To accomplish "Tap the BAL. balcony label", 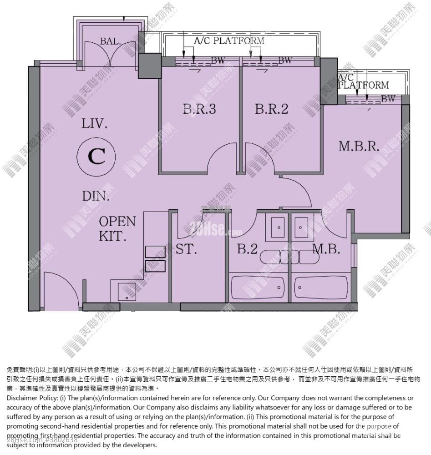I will click(111, 41).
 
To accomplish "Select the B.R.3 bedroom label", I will click(197, 109).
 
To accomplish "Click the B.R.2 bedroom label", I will click(272, 109).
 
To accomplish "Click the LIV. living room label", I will click(95, 123).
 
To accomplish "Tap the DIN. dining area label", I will click(96, 197).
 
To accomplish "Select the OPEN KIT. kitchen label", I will click(117, 229).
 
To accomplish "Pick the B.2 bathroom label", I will click(248, 249).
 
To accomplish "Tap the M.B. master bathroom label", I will click(327, 249).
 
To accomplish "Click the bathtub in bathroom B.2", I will click(258, 287).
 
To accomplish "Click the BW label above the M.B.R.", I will click(388, 98).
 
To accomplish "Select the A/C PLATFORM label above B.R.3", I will click(229, 41).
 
